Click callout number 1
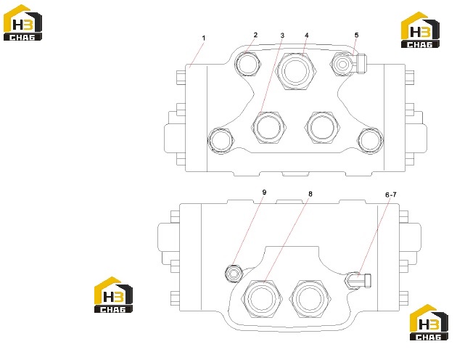click(204, 38)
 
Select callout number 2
click(255, 35)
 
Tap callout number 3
click(282, 36)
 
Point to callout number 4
click(307, 36)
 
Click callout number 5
click(356, 35)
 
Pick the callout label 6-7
click(391, 195)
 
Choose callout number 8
click(310, 194)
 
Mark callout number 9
click(264, 192)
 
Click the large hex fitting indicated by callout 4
click(295, 71)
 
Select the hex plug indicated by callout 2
click(248, 64)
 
